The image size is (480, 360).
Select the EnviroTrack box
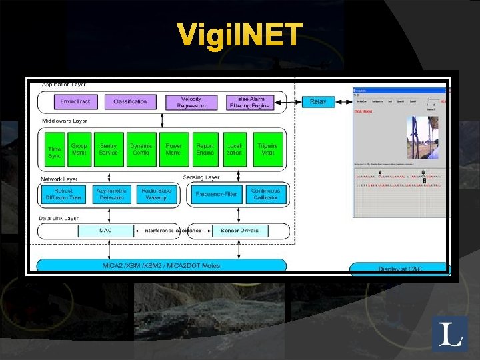click(75, 101)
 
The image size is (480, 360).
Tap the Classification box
click(130, 101)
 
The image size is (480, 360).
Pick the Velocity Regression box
click(191, 101)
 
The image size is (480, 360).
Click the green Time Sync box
click(53, 149)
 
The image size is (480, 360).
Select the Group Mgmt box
click(79, 149)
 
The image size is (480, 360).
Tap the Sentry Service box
click(108, 149)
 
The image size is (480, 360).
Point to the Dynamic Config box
click(141, 149)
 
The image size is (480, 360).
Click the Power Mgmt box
click(173, 149)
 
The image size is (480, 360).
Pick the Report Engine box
click(205, 149)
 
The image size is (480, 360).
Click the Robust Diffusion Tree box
click(63, 194)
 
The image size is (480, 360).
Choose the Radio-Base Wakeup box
click(156, 194)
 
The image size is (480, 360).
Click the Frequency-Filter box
click(215, 194)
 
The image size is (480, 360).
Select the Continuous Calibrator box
click(266, 194)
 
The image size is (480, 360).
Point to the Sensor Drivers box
click(240, 231)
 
